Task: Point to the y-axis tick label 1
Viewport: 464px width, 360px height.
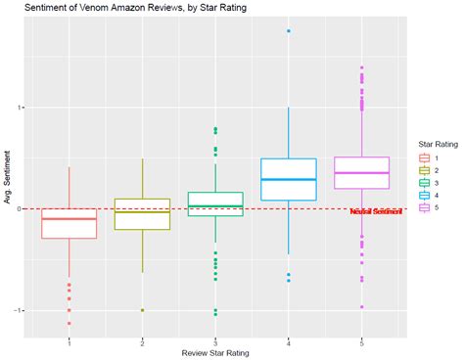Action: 23,108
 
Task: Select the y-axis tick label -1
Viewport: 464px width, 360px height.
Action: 21,310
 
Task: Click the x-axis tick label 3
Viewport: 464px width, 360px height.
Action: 215,341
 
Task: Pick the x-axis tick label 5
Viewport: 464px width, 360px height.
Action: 361,341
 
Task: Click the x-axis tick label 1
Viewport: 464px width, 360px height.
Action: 70,341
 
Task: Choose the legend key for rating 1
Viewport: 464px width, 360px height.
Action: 425,157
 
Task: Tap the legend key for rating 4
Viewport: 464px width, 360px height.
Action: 425,196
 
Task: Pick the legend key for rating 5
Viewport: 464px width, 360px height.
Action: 425,208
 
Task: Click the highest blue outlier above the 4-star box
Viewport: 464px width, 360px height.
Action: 289,31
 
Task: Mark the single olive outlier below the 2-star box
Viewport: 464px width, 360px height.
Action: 143,310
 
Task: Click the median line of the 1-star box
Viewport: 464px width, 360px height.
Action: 70,219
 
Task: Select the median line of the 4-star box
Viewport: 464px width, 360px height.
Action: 289,179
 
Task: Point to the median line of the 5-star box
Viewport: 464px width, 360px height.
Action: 361,173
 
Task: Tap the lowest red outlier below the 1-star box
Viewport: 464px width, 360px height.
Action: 70,323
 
